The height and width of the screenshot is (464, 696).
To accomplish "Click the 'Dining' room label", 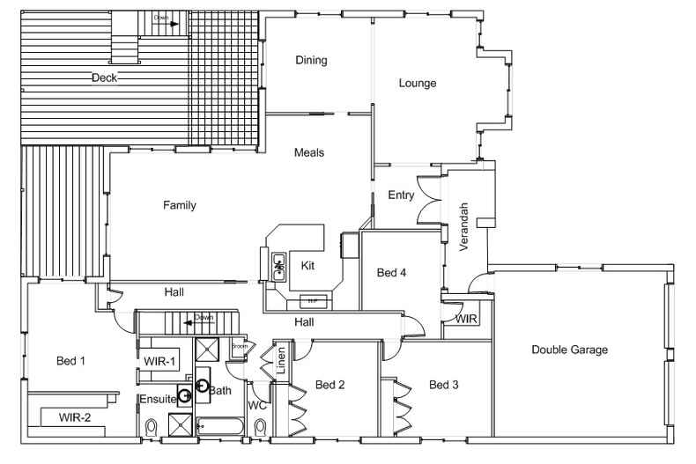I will click(311, 61).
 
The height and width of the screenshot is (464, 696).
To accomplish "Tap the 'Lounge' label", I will click(418, 84).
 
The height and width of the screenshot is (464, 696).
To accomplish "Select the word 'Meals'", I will click(308, 152).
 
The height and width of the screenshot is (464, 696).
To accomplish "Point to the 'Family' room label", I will click(179, 205).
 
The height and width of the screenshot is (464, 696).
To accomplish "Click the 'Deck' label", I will click(104, 77).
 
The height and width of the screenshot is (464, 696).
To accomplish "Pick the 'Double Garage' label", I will click(569, 350).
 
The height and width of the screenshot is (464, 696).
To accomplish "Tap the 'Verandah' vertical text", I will click(463, 227).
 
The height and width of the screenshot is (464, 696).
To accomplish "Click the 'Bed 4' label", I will click(391, 273).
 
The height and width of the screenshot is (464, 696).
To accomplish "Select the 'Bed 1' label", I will click(70, 360).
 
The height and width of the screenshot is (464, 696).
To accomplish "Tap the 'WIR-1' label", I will click(160, 361).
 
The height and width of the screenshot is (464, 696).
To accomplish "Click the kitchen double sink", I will click(279, 265).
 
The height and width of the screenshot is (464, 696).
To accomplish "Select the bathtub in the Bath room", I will click(223, 426).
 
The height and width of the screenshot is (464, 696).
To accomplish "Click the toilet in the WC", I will click(259, 428).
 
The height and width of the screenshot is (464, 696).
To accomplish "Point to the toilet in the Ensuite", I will click(150, 429).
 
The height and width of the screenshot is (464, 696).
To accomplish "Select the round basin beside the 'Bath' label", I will click(202, 385).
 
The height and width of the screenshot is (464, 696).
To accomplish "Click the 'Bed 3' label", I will click(444, 385).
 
